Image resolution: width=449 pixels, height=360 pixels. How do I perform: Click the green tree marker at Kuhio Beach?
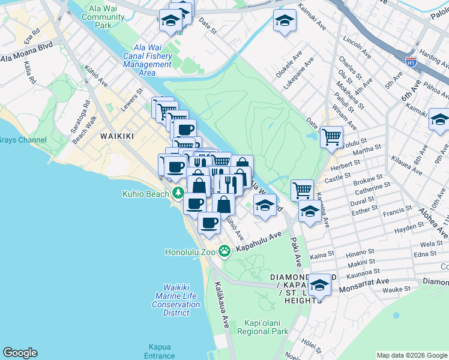pyautogui.click(x=178, y=193)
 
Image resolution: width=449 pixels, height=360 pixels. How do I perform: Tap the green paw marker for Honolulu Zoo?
pyautogui.click(x=224, y=251)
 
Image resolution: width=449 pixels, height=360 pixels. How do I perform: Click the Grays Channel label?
pyautogui.click(x=16, y=140)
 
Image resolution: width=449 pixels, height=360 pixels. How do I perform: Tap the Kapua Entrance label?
pyautogui.click(x=161, y=352)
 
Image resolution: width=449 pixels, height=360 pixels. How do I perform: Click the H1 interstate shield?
pyautogui.click(x=411, y=61)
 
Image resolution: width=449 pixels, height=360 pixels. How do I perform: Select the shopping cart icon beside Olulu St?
pyautogui.click(x=331, y=137)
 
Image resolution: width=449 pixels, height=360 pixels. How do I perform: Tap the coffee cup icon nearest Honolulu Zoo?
pyautogui.click(x=209, y=223)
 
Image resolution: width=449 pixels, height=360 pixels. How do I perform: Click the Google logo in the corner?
pyautogui.click(x=20, y=353)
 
